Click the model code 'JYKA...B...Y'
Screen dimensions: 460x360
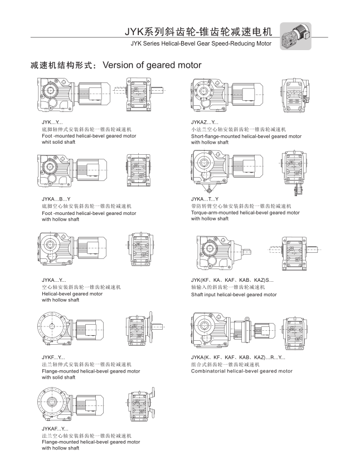pyautogui.click(x=56, y=199)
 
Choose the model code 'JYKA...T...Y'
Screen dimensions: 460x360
pyautogui.click(x=205, y=199)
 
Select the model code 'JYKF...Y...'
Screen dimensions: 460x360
pyautogui.click(x=53, y=357)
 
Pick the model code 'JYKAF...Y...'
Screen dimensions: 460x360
pyautogui.click(x=55, y=428)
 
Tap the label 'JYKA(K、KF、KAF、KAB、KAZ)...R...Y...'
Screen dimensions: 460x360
pyautogui.click(x=238, y=357)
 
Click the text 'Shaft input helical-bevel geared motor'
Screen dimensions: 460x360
pyautogui.click(x=233, y=295)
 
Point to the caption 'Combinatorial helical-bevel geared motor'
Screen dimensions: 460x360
pyautogui.click(x=241, y=371)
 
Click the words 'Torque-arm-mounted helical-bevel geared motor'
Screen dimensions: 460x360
pyautogui.click(x=245, y=213)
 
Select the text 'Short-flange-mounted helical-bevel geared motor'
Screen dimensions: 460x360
pyautogui.click(x=246, y=136)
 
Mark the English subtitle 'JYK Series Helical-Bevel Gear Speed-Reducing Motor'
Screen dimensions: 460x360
pyautogui.click(x=201, y=43)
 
